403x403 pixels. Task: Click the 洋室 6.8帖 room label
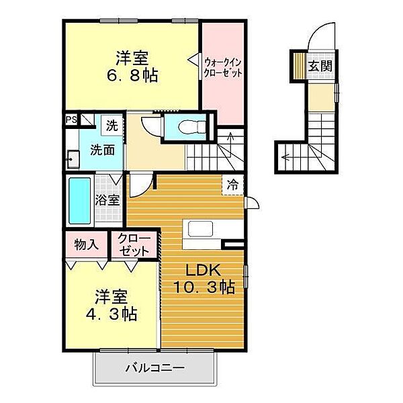pyautogui.click(x=132, y=66)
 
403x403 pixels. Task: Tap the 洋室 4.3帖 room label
pyautogui.click(x=111, y=306)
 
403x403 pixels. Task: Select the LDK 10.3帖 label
pyautogui.click(x=204, y=279)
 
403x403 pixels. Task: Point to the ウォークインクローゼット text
pyautogui.click(x=222, y=68)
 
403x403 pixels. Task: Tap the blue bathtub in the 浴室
pyautogui.click(x=80, y=200)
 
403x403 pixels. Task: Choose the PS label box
pyautogui.click(x=71, y=120)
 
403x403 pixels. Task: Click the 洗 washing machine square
pyautogui.click(x=112, y=126)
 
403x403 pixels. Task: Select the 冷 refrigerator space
pyautogui.click(x=232, y=185)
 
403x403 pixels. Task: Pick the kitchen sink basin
pyautogui.click(x=200, y=228)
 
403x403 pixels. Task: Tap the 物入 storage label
pyautogui.click(x=87, y=244)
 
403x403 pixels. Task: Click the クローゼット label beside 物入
pyautogui.click(x=134, y=245)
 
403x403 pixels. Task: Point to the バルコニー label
pyautogui.click(x=154, y=368)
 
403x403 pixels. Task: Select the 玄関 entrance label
pyautogui.click(x=320, y=66)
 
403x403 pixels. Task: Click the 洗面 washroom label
pyautogui.click(x=102, y=150)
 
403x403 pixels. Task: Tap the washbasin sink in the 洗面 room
pyautogui.click(x=73, y=159)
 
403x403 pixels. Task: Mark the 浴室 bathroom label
pyautogui.click(x=107, y=200)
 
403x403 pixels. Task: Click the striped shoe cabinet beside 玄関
pyautogui.click(x=300, y=66)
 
